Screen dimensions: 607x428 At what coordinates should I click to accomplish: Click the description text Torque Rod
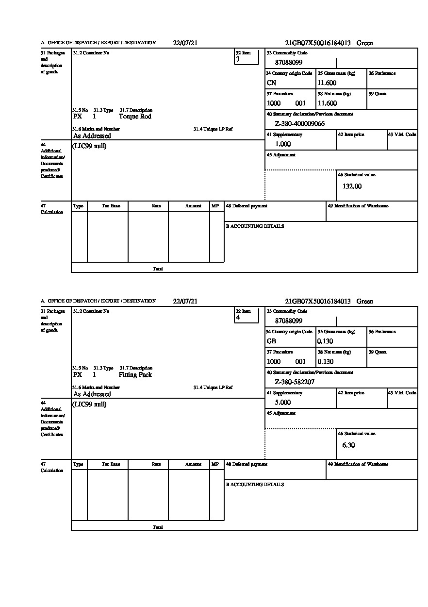[135, 117]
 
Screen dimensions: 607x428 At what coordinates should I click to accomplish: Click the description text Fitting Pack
[135, 375]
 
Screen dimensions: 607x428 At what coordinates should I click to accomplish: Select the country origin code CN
[272, 83]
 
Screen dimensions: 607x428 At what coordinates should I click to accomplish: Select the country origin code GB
[272, 341]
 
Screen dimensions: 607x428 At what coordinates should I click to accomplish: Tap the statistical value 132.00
[352, 186]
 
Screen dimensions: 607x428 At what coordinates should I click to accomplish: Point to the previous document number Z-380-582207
[295, 382]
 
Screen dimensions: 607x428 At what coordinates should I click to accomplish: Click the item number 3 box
[247, 57]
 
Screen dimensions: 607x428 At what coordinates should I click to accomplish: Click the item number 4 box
[247, 315]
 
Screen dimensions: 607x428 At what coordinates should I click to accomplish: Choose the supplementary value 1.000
[283, 144]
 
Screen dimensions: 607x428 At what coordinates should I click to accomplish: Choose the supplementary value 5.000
[283, 403]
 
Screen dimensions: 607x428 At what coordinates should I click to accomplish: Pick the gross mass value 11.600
[327, 83]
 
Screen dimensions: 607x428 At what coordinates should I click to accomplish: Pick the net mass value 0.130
[326, 362]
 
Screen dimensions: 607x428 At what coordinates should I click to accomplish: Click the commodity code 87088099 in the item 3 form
[289, 63]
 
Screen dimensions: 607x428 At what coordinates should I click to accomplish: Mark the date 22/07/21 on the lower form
[185, 302]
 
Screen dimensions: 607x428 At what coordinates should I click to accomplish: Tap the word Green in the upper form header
[365, 43]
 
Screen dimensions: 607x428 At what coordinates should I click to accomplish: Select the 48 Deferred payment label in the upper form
[247, 206]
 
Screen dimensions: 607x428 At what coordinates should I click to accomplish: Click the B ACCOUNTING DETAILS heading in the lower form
[255, 485]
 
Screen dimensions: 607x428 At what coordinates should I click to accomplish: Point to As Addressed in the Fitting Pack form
[92, 394]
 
